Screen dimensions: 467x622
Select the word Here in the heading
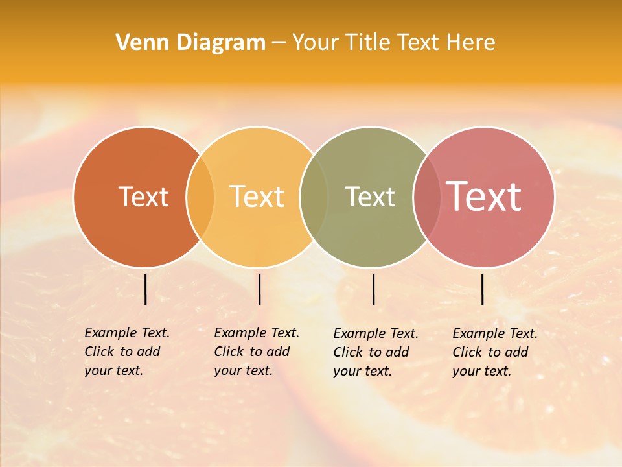[x=471, y=43]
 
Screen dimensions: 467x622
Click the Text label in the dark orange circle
[x=143, y=197]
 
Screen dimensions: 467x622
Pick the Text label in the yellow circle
[x=257, y=197]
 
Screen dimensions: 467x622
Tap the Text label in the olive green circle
[x=370, y=197]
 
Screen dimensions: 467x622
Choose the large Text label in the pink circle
[x=484, y=197]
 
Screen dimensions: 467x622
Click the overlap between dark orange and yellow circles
[x=200, y=197]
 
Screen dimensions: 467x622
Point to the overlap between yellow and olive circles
[x=314, y=197]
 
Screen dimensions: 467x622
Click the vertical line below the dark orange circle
[x=146, y=289]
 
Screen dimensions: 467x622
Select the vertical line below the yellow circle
[x=259, y=289]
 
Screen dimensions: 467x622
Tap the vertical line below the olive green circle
[x=373, y=289]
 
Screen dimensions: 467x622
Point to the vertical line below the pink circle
[x=483, y=289]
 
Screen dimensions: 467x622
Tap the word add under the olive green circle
[x=397, y=352]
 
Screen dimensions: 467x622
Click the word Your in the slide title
[x=315, y=43]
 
